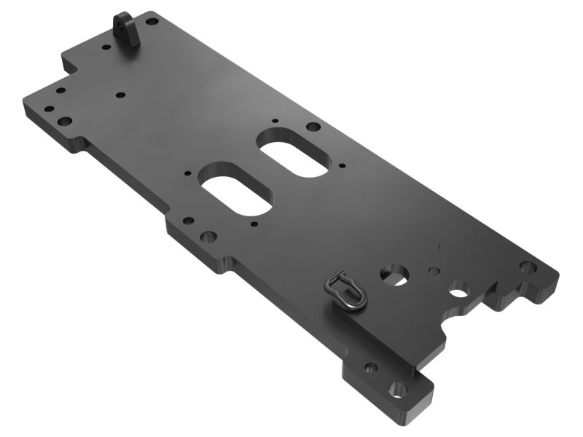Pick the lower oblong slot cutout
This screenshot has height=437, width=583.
pyautogui.click(x=236, y=194)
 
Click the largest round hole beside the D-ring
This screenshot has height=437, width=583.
pyautogui.click(x=394, y=274)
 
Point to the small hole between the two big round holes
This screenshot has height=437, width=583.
pyautogui.click(x=434, y=272)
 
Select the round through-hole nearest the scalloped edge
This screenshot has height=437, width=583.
pyautogui.click(x=459, y=293)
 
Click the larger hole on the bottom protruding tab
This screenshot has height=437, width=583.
pyautogui.click(x=398, y=388)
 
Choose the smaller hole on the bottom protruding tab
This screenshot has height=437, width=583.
pyautogui.click(x=371, y=368)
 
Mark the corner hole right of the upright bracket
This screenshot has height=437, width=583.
pyautogui.click(x=153, y=22)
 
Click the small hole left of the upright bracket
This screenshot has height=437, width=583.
pyautogui.click(x=106, y=48)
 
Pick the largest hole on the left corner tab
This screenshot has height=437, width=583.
pyautogui.click(x=65, y=121)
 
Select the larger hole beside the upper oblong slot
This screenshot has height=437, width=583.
pyautogui.click(x=313, y=127)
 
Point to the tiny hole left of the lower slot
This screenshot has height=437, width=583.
pyautogui.click(x=188, y=174)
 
